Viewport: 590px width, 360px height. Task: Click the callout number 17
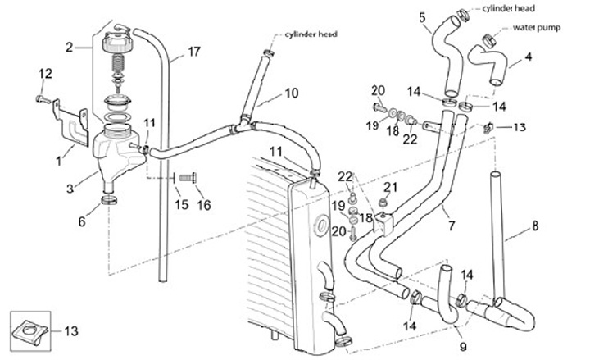[193, 51]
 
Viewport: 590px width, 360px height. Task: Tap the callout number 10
[291, 93]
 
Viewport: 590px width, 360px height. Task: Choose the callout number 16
[203, 203]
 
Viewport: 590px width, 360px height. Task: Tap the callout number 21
[391, 188]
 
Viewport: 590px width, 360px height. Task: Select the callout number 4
[528, 57]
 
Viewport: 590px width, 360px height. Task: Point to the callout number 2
[70, 46]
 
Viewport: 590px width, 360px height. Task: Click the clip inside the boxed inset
[29, 331]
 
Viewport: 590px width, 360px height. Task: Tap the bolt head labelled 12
[39, 100]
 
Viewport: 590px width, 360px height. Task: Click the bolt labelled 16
[188, 176]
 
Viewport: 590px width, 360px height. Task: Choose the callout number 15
[182, 203]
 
